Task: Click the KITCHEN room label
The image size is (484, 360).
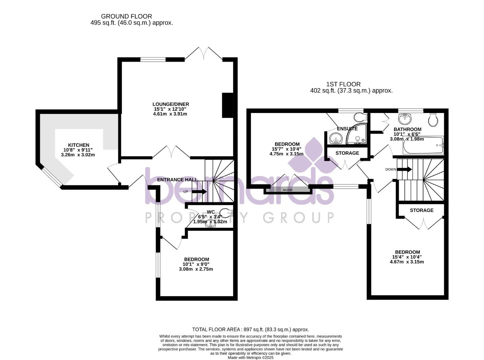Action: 79,145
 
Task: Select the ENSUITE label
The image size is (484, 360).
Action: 347,129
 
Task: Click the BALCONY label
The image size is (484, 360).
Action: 288,190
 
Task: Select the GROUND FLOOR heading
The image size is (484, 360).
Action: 126,16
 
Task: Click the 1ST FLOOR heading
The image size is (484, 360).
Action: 343,84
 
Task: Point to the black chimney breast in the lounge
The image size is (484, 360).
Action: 228,105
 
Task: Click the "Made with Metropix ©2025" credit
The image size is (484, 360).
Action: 250,358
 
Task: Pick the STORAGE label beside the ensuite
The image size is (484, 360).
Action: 347,153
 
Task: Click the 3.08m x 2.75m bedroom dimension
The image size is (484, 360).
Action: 196,269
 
